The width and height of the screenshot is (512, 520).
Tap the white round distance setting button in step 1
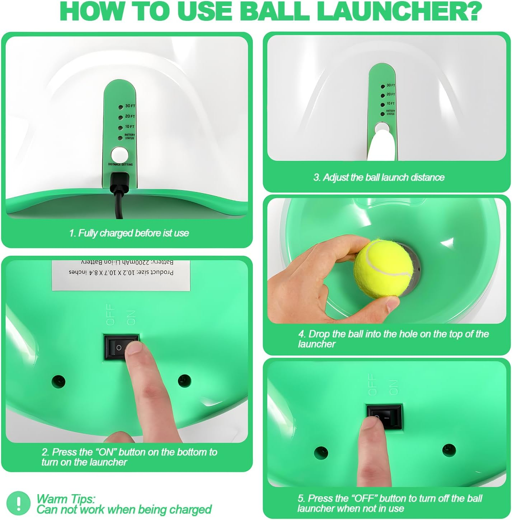[x=119, y=155]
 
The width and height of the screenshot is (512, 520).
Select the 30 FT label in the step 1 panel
[x=130, y=106]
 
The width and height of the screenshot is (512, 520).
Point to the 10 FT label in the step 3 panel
[x=390, y=104]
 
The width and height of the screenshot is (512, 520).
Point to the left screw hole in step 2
[x=58, y=380]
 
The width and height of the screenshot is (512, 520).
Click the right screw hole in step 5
[x=446, y=449]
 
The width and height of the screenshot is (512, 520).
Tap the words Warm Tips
[x=66, y=499]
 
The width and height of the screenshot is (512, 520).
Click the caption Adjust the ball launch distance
[x=379, y=177]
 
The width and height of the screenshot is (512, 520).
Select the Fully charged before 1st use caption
[x=129, y=233]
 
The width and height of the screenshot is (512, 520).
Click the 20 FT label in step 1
[x=130, y=117]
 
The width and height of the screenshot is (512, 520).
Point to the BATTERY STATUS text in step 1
[x=130, y=136]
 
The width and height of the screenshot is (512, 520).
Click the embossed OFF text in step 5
[x=372, y=384]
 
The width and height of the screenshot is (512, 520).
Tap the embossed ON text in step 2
[x=131, y=317]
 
